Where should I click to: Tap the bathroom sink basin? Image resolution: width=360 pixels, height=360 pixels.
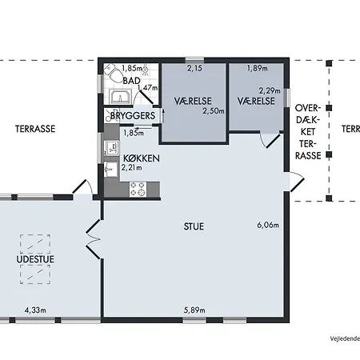pos(121,97)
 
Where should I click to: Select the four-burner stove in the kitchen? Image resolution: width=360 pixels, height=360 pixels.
pos(138,189)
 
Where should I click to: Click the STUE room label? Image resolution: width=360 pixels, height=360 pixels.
pos(194,226)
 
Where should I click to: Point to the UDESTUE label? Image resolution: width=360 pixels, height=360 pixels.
pos(35,259)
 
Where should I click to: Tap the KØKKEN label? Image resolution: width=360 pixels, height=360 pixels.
pos(142,158)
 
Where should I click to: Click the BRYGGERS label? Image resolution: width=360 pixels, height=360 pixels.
pos(133,116)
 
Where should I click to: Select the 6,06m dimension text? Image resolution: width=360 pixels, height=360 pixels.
pos(268,225)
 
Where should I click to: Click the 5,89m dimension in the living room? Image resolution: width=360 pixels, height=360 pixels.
pos(194,310)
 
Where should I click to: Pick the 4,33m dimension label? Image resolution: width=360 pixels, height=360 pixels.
pos(35,310)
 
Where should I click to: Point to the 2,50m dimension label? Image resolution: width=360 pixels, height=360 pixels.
pos(214,110)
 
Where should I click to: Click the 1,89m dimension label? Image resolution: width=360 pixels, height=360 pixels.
pos(258,68)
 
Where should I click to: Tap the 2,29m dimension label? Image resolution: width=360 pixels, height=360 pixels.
pos(270,91)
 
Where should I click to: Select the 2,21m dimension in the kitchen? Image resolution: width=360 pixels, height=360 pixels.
pos(132,168)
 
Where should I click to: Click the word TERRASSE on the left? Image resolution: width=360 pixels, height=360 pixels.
pos(35,129)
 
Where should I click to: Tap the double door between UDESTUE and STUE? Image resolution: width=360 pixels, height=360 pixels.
pos(94,239)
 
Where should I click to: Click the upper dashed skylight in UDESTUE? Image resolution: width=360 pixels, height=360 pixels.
pos(35,244)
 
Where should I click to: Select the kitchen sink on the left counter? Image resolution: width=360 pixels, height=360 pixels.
pos(112,148)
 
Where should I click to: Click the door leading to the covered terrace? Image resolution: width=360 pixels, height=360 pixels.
pos(297,182)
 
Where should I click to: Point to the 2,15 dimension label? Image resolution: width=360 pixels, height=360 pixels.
pos(194,68)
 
